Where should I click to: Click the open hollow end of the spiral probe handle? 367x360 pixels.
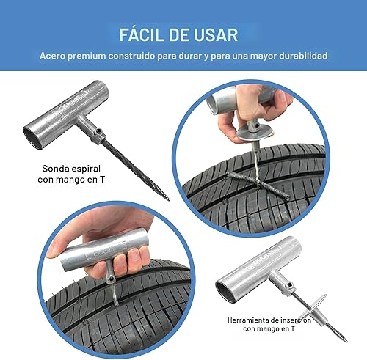click(35, 133)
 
